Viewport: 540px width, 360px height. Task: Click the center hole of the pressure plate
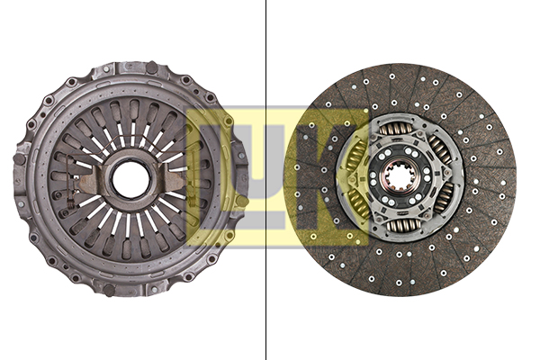131,178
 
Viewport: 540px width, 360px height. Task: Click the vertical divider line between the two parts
266,270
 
